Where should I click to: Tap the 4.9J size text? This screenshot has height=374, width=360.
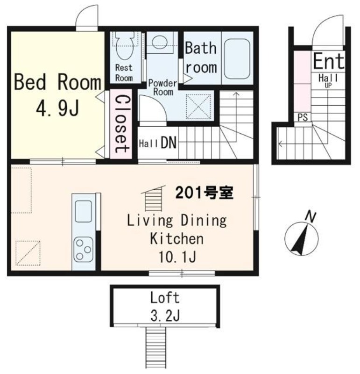57,108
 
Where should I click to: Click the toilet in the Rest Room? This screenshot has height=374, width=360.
124,45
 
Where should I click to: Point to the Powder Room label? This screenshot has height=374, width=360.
162,87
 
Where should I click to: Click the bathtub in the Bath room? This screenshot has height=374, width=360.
237,58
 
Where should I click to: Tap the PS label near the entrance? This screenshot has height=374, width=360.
303,117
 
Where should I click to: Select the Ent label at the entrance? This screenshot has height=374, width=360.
328,61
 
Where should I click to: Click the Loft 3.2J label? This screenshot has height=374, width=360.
164,306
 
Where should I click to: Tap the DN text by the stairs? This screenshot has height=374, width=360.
168,143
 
